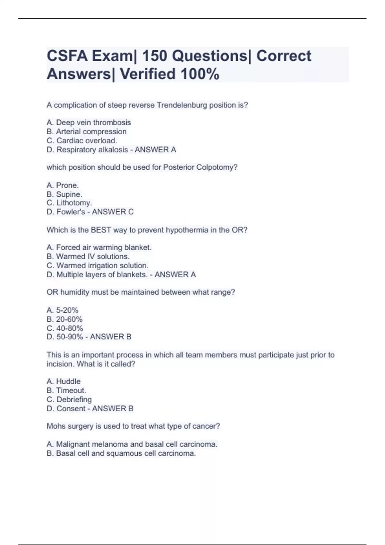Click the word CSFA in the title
point(67,56)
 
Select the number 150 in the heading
point(154,56)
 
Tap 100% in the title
point(200,74)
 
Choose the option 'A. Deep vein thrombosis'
point(89,122)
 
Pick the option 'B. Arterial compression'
point(87,131)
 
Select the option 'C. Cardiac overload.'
point(82,140)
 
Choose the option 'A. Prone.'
point(63,185)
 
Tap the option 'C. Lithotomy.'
point(69,203)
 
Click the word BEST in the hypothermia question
point(101,230)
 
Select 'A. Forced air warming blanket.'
point(99,247)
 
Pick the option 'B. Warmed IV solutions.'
point(88,256)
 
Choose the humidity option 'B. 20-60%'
point(64,319)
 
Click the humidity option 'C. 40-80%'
point(65,328)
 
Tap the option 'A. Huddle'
point(64,382)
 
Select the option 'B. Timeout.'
point(66,390)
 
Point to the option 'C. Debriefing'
point(69,399)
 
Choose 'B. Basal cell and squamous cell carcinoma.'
point(121,453)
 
